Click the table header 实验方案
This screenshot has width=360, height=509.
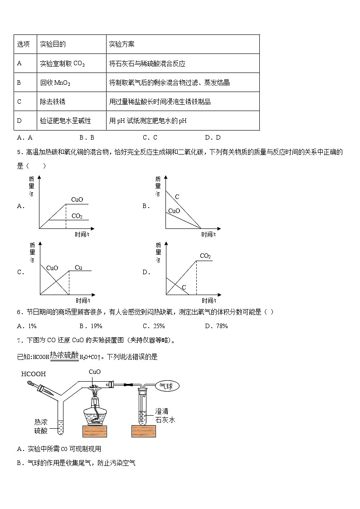tap(122, 44)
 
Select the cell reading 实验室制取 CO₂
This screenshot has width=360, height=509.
tap(62, 64)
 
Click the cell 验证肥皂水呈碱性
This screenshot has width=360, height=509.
tap(65, 121)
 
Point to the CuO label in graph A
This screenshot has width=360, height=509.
tap(77, 199)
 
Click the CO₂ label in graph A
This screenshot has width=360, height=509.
tap(77, 216)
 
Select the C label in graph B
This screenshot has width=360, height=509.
tap(177, 197)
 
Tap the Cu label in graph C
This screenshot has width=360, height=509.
tap(78, 267)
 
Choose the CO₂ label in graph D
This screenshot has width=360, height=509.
tap(205, 256)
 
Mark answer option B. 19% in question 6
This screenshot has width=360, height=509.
tap(91, 326)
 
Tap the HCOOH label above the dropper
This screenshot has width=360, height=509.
tap(34, 374)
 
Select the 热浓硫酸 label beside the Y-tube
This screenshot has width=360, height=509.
tap(41, 425)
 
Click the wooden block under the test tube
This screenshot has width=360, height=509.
tap(143, 431)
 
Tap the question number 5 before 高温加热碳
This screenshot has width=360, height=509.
tap(19, 152)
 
